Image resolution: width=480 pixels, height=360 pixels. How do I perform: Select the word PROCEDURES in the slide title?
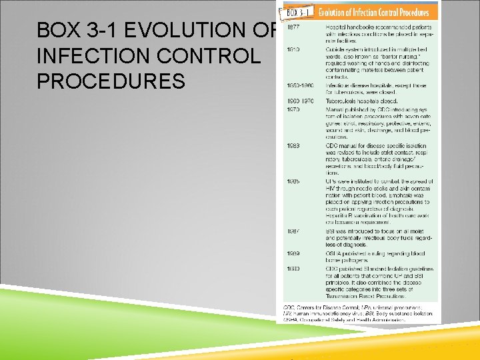tap(111, 81)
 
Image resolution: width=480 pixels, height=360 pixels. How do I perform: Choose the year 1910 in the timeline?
tap(293, 49)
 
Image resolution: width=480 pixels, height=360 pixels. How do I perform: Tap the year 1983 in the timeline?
tap(293, 145)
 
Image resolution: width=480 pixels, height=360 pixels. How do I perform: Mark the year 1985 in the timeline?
tap(293, 181)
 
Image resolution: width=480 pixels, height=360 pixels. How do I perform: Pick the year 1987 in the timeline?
tap(293, 231)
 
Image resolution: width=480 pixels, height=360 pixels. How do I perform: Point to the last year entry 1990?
tap(293, 269)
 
